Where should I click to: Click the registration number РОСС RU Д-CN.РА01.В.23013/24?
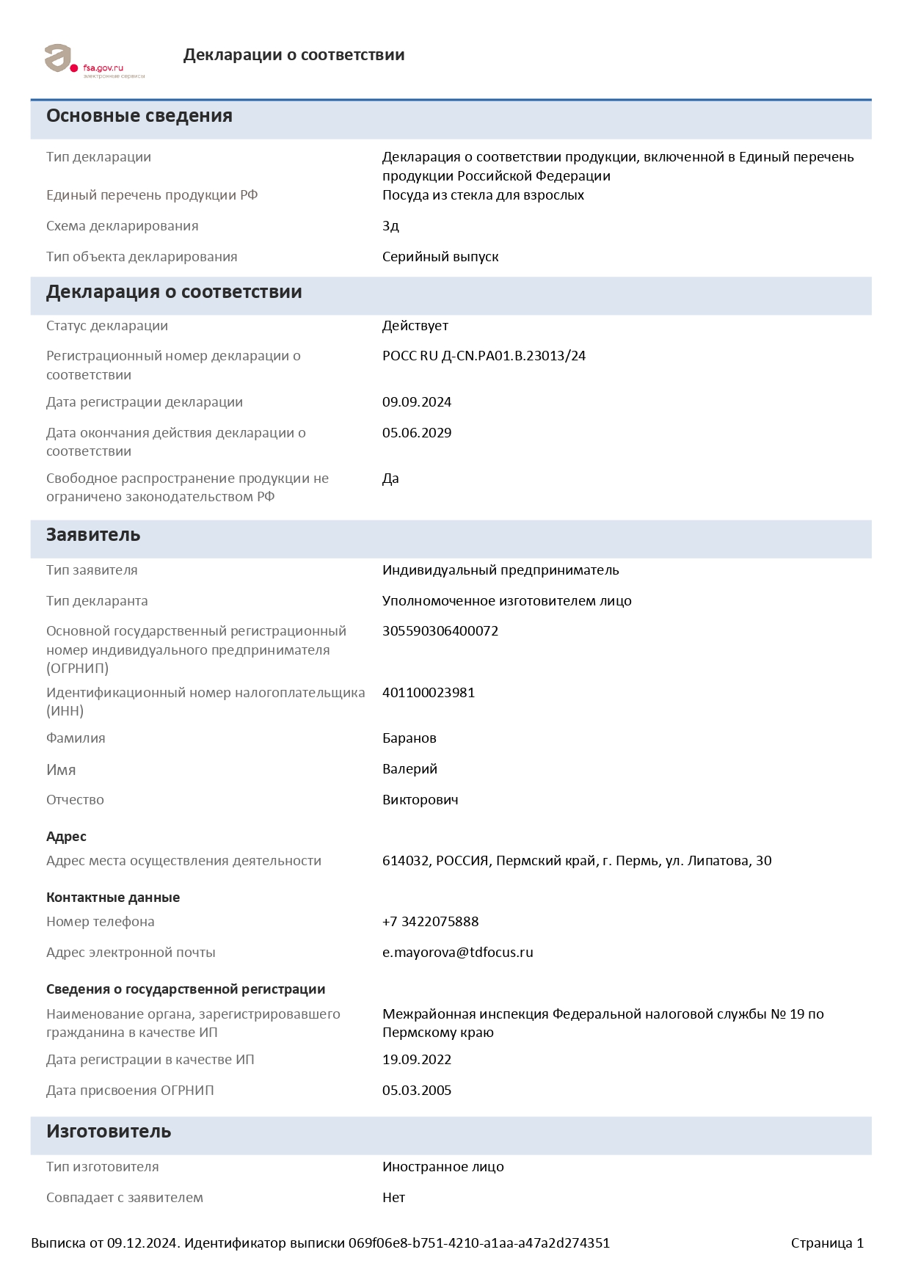click(484, 356)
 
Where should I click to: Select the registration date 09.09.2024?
click(416, 402)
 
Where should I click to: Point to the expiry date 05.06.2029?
click(416, 433)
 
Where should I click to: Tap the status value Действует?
click(415, 326)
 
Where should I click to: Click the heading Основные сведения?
click(139, 116)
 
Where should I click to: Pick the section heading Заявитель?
click(93, 535)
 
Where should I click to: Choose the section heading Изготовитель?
click(109, 1132)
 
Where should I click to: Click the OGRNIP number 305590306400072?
click(440, 631)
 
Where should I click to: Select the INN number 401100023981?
click(428, 693)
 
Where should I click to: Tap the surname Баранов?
click(409, 738)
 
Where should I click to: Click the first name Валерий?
click(409, 769)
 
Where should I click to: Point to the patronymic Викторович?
click(420, 800)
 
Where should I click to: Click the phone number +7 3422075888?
click(430, 922)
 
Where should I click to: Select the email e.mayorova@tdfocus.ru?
click(457, 953)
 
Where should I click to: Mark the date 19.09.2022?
click(416, 1060)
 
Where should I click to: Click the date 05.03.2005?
click(416, 1091)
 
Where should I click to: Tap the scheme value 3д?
click(390, 226)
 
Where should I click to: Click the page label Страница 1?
click(827, 1243)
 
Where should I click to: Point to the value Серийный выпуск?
click(440, 257)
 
